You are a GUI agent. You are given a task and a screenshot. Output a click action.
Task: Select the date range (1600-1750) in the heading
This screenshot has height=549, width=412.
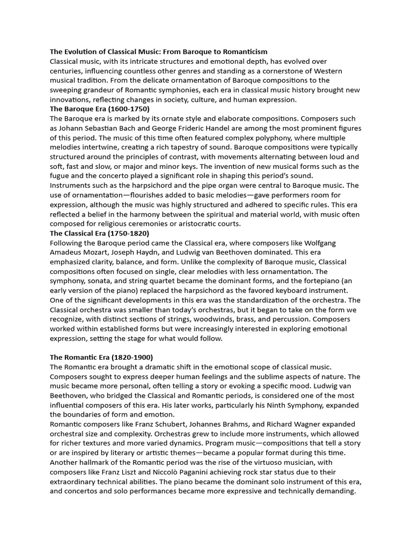click(x=124, y=109)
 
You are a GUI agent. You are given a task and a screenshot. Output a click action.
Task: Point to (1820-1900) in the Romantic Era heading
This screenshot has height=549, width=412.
click(x=132, y=357)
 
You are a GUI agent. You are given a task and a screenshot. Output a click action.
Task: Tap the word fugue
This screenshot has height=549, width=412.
click(x=60, y=176)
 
